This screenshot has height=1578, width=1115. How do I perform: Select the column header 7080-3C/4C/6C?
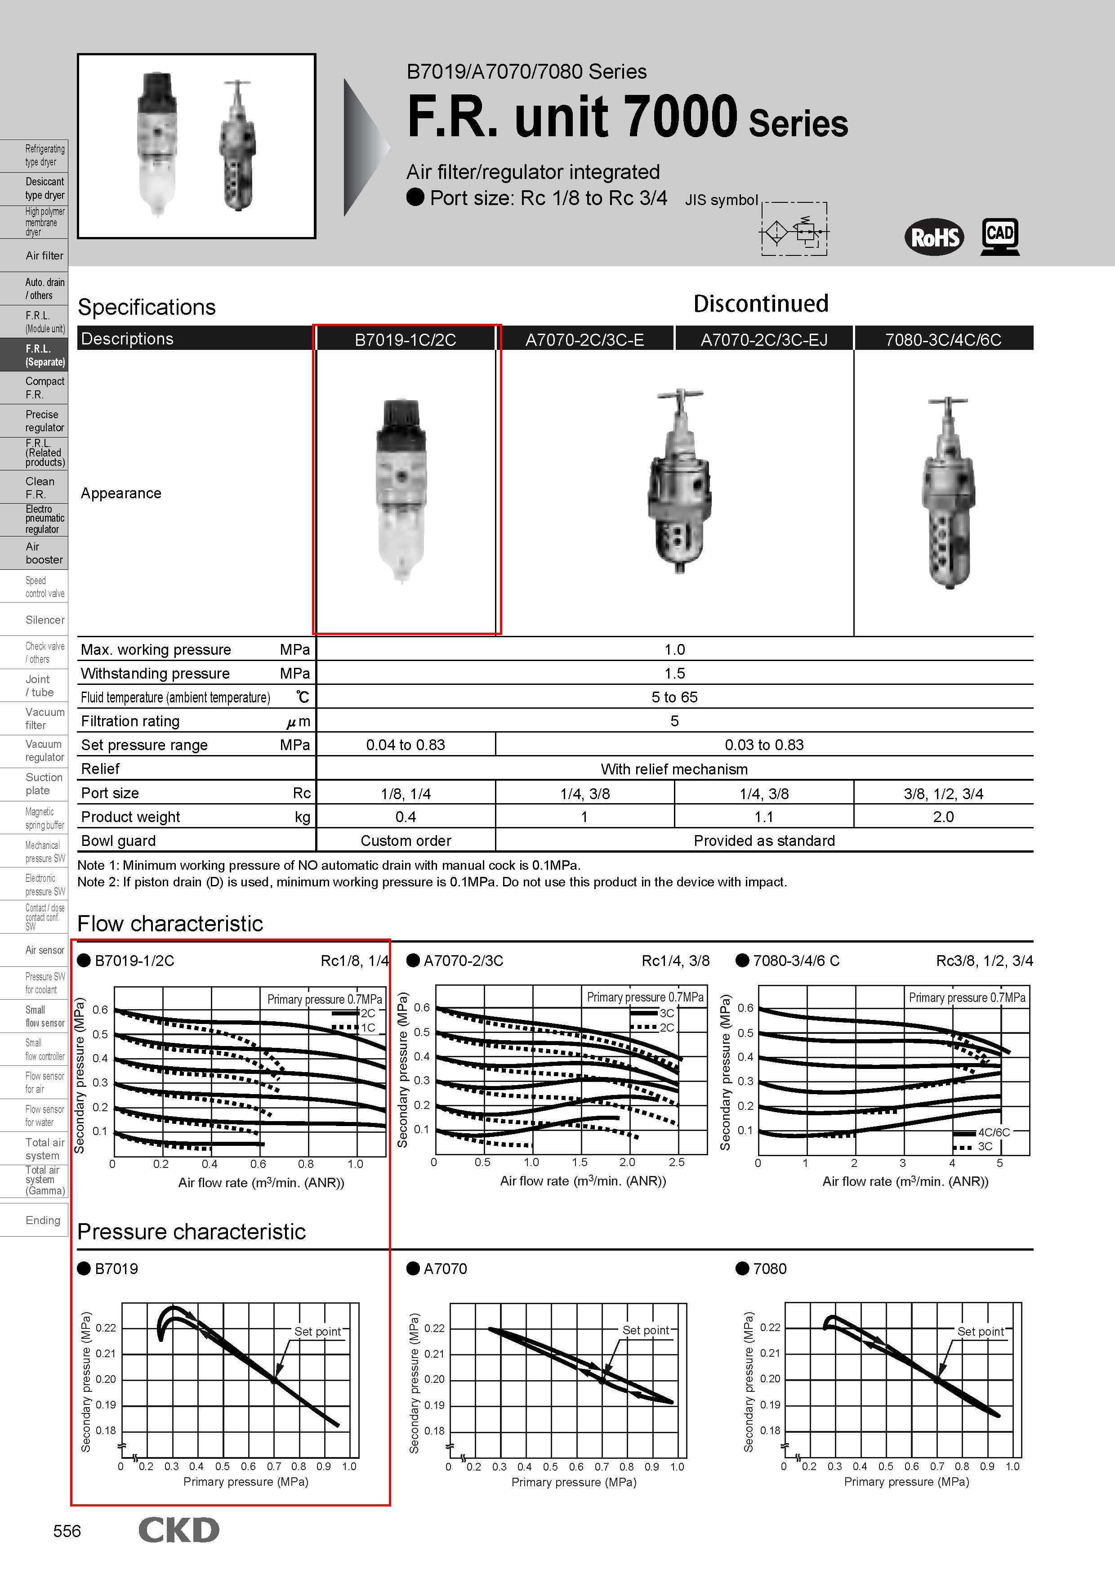(x=943, y=340)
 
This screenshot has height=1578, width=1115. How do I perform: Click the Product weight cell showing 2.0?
(x=943, y=817)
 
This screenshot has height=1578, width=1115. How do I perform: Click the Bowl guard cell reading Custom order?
(x=406, y=840)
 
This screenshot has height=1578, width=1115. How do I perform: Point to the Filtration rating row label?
(x=130, y=721)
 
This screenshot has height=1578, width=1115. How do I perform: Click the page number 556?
(x=67, y=1531)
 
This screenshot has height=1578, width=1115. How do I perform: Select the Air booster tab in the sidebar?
(x=44, y=553)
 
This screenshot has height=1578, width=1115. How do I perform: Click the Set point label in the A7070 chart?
(x=645, y=1330)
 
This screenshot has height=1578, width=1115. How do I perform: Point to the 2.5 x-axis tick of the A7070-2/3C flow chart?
(x=677, y=1162)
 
